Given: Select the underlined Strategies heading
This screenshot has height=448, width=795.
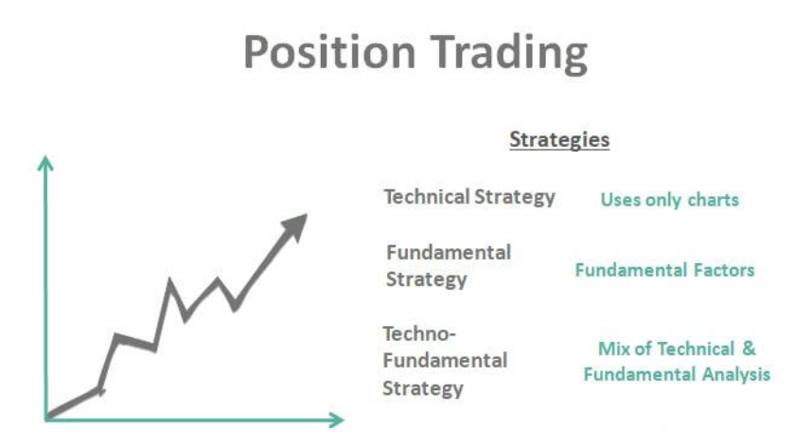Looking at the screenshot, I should click(x=559, y=140).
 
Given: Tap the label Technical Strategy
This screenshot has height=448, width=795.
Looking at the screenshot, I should click(x=468, y=198).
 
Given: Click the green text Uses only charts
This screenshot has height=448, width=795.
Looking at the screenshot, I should click(x=669, y=200).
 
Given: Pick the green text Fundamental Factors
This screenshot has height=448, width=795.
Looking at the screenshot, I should click(x=664, y=270).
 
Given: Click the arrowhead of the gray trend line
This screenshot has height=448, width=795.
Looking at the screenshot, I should click(x=297, y=224).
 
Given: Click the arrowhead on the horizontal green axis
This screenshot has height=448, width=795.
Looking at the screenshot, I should click(x=337, y=418).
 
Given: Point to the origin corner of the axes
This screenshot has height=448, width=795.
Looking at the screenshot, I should click(x=45, y=418).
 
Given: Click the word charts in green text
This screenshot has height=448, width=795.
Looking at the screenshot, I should click(x=715, y=200).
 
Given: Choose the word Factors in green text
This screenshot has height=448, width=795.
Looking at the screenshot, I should click(x=722, y=270).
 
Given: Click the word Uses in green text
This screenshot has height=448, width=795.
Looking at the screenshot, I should click(x=619, y=200).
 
